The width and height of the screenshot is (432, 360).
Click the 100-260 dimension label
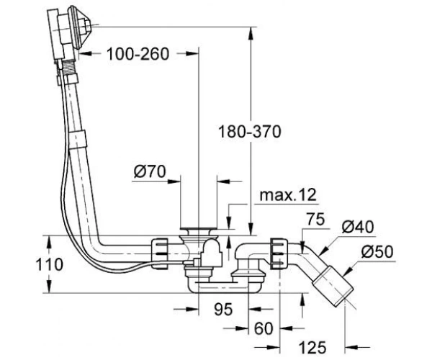tap(138, 54)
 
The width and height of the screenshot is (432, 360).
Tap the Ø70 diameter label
tap(150, 171)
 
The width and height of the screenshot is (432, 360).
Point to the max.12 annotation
tap(288, 194)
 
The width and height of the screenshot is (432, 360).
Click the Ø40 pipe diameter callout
tap(358, 228)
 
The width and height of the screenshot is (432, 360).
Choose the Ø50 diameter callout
tap(377, 252)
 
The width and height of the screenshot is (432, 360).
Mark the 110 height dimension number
tap(50, 264)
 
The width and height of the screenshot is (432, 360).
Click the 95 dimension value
tap(223, 309)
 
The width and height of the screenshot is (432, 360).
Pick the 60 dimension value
tap(264, 328)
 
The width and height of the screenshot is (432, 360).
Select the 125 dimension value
tap(312, 347)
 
